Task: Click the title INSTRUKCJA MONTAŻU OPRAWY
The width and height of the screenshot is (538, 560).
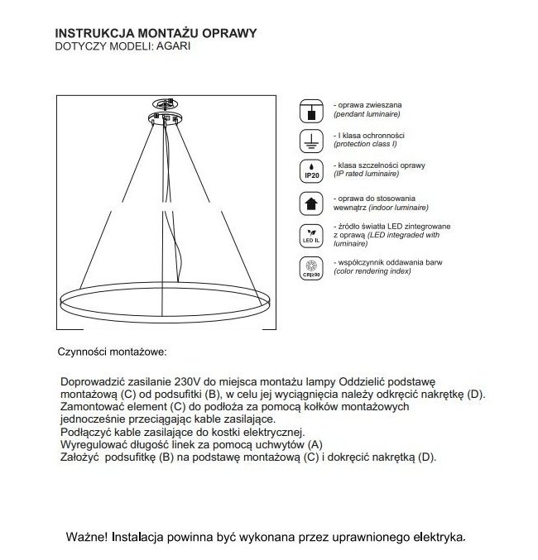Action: tap(154, 33)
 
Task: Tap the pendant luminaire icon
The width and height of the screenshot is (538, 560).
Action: tap(311, 112)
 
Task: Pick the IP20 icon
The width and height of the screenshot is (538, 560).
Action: tap(311, 170)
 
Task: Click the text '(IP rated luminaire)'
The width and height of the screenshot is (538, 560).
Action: tap(365, 175)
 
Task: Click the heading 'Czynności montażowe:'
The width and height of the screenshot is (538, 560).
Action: tap(112, 352)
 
